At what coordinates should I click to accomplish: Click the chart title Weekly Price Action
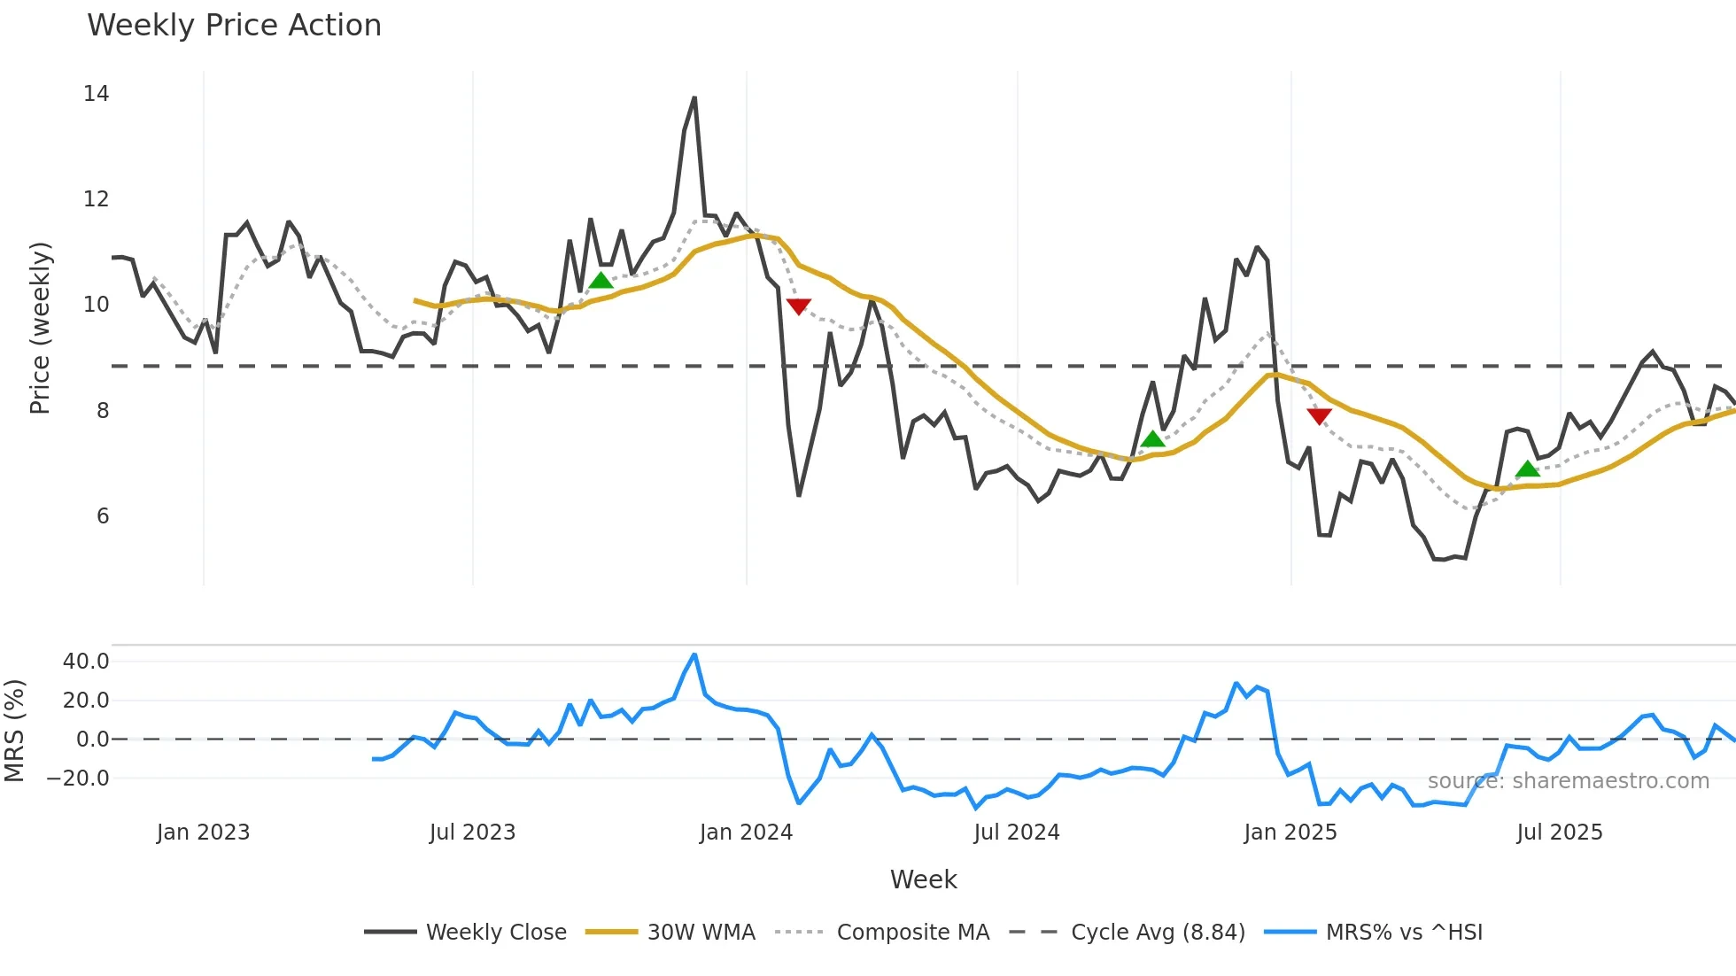pyautogui.click(x=234, y=25)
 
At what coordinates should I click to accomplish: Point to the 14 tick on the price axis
pyautogui.click(x=96, y=94)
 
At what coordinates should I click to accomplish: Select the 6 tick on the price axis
pyautogui.click(x=102, y=516)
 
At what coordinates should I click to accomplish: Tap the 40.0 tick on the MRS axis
pyautogui.click(x=86, y=662)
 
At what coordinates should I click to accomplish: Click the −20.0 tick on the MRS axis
pyautogui.click(x=78, y=778)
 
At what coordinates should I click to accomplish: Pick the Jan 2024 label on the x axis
pyautogui.click(x=746, y=833)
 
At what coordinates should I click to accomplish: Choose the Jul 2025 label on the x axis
pyautogui.click(x=1559, y=833)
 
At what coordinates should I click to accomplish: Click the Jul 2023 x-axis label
pyautogui.click(x=472, y=833)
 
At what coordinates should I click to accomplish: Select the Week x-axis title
pyautogui.click(x=923, y=879)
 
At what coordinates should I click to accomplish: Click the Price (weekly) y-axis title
pyautogui.click(x=40, y=328)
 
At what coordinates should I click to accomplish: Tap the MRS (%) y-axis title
pyautogui.click(x=14, y=731)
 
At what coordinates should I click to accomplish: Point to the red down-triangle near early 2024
pyautogui.click(x=798, y=306)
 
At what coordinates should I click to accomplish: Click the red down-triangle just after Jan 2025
pyautogui.click(x=1319, y=416)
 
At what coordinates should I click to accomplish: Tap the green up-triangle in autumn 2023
pyautogui.click(x=601, y=281)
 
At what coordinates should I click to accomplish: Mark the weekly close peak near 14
pyautogui.click(x=694, y=97)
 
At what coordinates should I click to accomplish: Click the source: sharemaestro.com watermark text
pyautogui.click(x=1568, y=781)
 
